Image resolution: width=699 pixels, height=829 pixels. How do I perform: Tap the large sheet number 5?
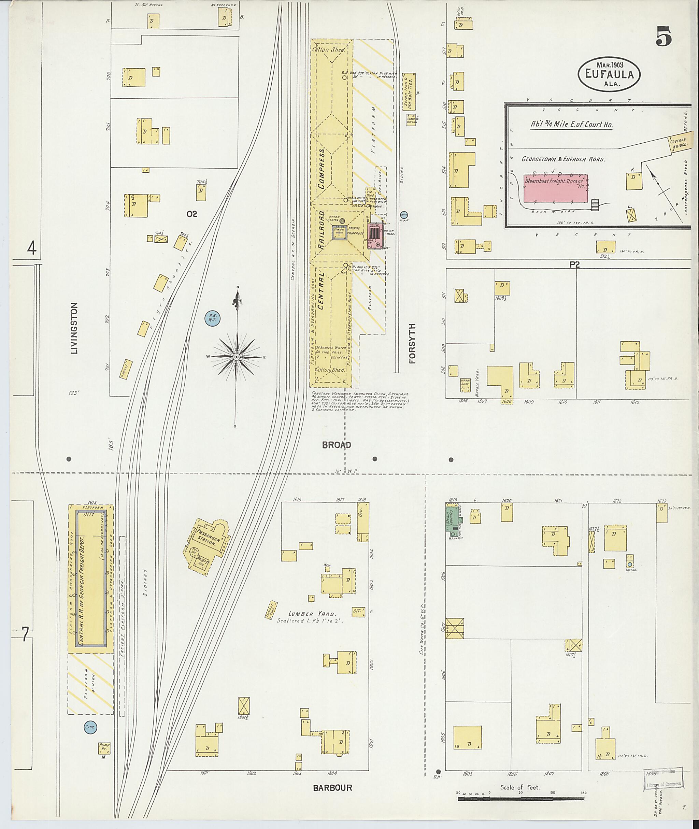664,37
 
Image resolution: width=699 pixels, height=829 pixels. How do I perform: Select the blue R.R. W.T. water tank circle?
212,318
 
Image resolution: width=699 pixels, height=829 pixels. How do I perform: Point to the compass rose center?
237,357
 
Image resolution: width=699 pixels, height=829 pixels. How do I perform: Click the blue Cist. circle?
89,727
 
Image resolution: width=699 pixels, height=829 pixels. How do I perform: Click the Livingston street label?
74,328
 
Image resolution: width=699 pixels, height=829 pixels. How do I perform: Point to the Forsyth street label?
413,344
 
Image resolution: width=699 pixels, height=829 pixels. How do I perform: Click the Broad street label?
337,445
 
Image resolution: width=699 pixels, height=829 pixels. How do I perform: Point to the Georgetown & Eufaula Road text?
563,159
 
